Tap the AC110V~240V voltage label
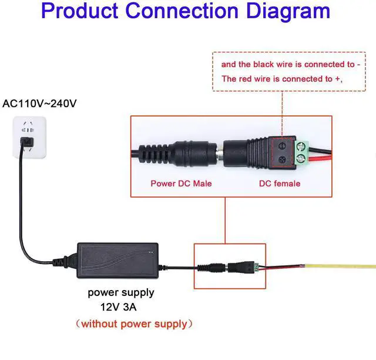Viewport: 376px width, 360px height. (40, 104)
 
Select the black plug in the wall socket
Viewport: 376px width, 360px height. (26, 141)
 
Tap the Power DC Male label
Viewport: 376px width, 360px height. (181, 184)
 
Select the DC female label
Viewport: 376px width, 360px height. (280, 184)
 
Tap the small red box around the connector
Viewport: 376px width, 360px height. (230, 266)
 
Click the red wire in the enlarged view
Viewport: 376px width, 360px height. (322, 158)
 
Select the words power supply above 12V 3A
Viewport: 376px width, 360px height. (121, 292)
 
